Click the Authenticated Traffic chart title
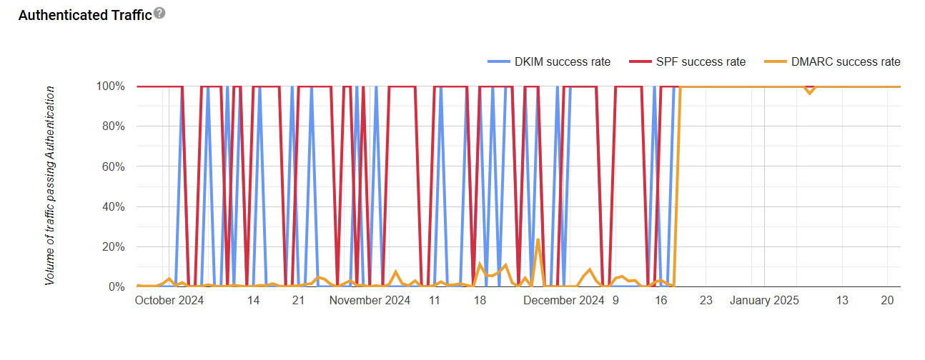[x=84, y=15]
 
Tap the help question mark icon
[x=159, y=13]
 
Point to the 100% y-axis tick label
[x=111, y=86]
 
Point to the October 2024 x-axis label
[x=169, y=301]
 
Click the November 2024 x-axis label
[x=370, y=301]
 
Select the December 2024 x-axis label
[x=563, y=301]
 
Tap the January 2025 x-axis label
[x=764, y=301]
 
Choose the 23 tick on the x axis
[x=706, y=301]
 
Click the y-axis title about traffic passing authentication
[x=50, y=186]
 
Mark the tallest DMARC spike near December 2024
[x=538, y=240]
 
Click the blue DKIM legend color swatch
[x=498, y=61]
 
